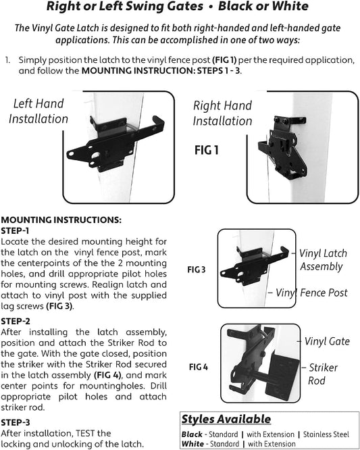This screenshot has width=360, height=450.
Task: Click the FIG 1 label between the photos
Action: click(x=207, y=150)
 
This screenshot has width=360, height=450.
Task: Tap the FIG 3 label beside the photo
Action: click(x=197, y=270)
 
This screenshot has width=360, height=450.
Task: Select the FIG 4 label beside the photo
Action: click(x=198, y=367)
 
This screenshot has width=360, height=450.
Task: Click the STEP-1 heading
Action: click(x=15, y=230)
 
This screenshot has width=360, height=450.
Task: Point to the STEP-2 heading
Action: click(x=16, y=321)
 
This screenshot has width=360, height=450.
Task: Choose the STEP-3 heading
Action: click(x=16, y=422)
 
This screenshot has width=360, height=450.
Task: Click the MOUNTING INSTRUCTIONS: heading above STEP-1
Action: click(x=61, y=220)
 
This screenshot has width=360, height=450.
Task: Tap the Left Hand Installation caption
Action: click(x=38, y=111)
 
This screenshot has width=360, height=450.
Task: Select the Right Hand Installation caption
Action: click(x=222, y=113)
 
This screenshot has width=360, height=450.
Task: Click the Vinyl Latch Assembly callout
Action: click(x=323, y=260)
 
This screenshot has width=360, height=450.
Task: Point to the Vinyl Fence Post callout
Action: click(x=311, y=293)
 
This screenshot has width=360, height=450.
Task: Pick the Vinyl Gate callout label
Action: click(x=327, y=341)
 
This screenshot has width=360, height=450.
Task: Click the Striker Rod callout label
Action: click(x=323, y=374)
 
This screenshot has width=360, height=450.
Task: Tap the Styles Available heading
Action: click(x=226, y=419)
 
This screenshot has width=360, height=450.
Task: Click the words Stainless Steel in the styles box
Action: click(x=326, y=434)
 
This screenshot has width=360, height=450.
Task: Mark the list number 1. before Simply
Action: click(x=7, y=60)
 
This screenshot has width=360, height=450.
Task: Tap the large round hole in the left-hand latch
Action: click(x=95, y=155)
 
